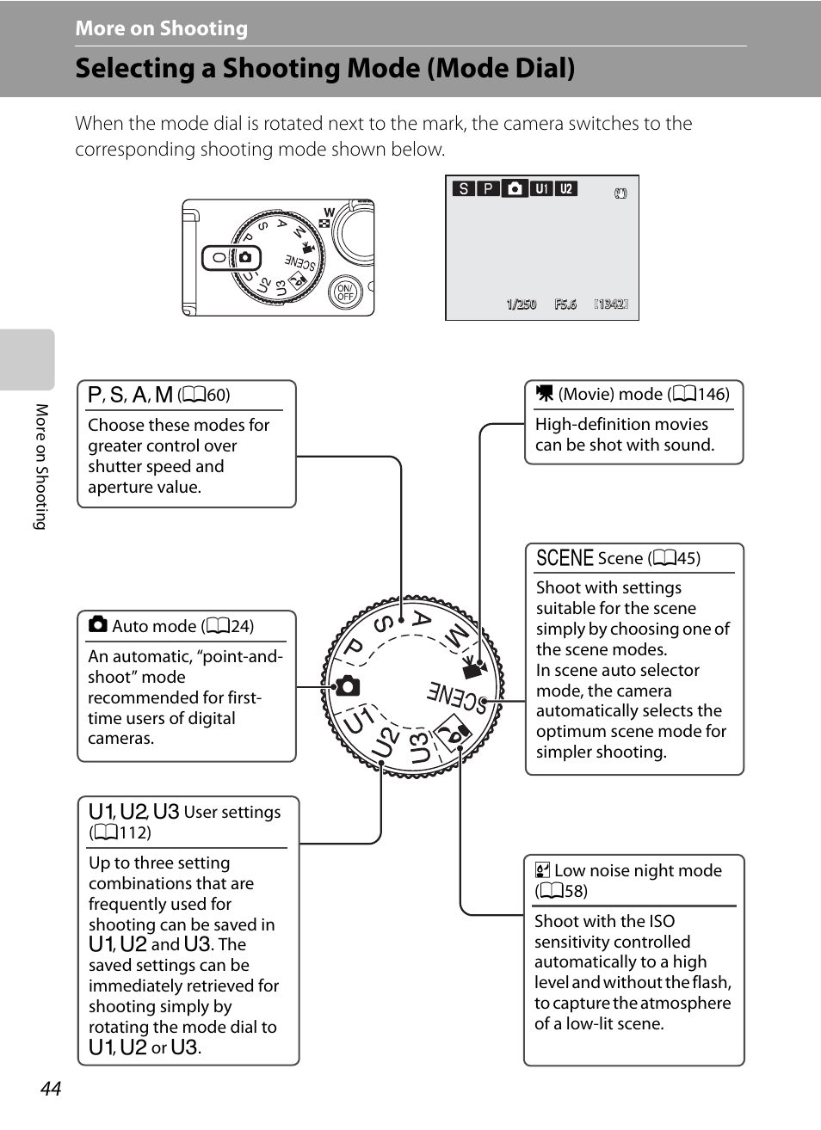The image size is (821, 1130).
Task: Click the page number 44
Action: pyautogui.click(x=51, y=1089)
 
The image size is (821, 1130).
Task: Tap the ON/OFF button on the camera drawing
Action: pyautogui.click(x=344, y=292)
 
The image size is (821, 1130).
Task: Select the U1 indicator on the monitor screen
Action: pyautogui.click(x=540, y=189)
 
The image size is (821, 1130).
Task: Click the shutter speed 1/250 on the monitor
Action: pyautogui.click(x=521, y=304)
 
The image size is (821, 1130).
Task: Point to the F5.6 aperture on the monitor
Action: pyautogui.click(x=565, y=304)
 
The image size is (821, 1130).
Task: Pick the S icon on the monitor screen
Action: pyautogui.click(x=464, y=189)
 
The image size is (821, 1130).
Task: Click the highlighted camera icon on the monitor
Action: pyautogui.click(x=515, y=188)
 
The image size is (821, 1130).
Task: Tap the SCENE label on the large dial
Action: pyautogui.click(x=457, y=696)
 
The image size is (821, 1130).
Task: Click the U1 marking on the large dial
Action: pyautogui.click(x=358, y=721)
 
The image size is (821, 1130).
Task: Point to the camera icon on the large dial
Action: pyautogui.click(x=348, y=686)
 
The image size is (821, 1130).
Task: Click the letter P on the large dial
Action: pyautogui.click(x=354, y=648)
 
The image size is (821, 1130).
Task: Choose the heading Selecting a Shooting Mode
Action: pyautogui.click(x=324, y=69)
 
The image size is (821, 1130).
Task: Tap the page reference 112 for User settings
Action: pyautogui.click(x=134, y=832)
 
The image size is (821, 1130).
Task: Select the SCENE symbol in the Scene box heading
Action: pyautogui.click(x=565, y=558)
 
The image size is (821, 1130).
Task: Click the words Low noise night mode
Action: pyautogui.click(x=638, y=870)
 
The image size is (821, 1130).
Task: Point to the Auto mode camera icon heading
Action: pyautogui.click(x=98, y=625)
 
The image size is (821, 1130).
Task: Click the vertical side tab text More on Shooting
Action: pyautogui.click(x=40, y=466)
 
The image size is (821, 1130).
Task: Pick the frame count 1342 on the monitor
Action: pyautogui.click(x=611, y=304)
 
